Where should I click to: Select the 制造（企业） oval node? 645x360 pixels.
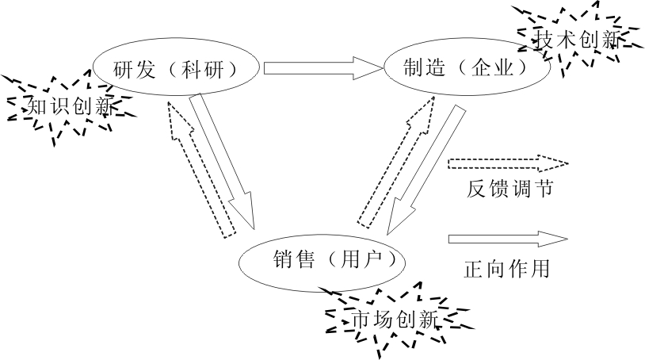tap(465, 68)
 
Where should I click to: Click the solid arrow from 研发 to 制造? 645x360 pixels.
tap(321, 68)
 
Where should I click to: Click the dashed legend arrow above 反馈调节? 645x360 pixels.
tap(507, 164)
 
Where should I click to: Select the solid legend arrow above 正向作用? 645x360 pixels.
tap(507, 239)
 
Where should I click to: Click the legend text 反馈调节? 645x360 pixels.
tap(504, 190)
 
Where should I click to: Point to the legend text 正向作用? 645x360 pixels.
tap(506, 269)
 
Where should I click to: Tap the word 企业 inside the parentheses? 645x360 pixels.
tap(498, 68)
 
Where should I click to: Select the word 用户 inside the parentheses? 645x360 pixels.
tap(361, 259)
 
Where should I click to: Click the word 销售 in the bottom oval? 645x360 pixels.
tap(290, 259)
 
